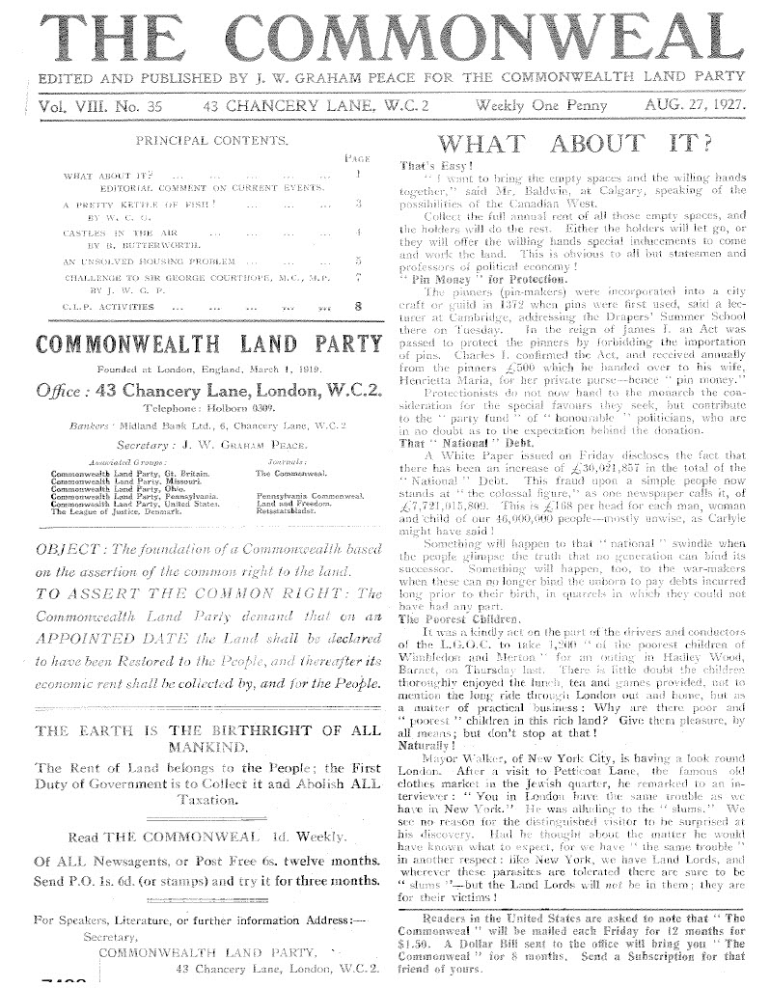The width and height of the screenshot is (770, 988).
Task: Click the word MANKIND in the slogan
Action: [x=205, y=747]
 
